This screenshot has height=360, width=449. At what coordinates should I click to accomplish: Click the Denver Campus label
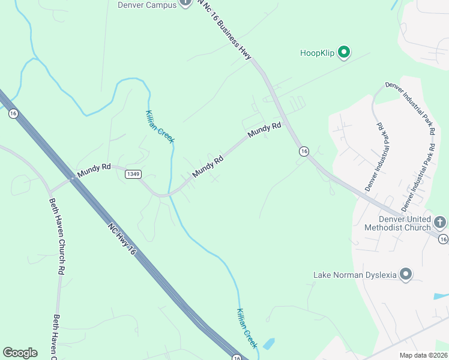[x=146, y=5]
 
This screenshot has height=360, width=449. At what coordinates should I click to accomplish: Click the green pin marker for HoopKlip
[x=344, y=53]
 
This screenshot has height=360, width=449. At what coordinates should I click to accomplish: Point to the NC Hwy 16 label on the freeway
[x=122, y=241]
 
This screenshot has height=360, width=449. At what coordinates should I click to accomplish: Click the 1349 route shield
[x=133, y=174]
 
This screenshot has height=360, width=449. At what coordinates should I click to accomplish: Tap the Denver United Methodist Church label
[x=397, y=223]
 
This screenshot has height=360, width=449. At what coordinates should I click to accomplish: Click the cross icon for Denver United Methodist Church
[x=439, y=223]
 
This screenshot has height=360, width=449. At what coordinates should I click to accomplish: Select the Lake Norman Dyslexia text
[x=355, y=275]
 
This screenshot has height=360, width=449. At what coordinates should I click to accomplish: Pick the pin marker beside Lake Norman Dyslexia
[x=406, y=275]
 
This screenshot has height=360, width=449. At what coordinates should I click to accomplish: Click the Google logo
[x=20, y=353]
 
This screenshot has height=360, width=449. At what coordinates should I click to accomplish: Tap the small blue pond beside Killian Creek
[x=268, y=344]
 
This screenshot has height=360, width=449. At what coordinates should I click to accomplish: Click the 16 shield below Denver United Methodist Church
[x=443, y=239]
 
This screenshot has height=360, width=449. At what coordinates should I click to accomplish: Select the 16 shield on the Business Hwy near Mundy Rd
[x=304, y=152]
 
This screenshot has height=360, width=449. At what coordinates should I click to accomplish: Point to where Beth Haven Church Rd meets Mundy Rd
[x=51, y=185]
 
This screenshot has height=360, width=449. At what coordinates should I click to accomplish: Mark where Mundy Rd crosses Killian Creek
[x=171, y=194]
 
